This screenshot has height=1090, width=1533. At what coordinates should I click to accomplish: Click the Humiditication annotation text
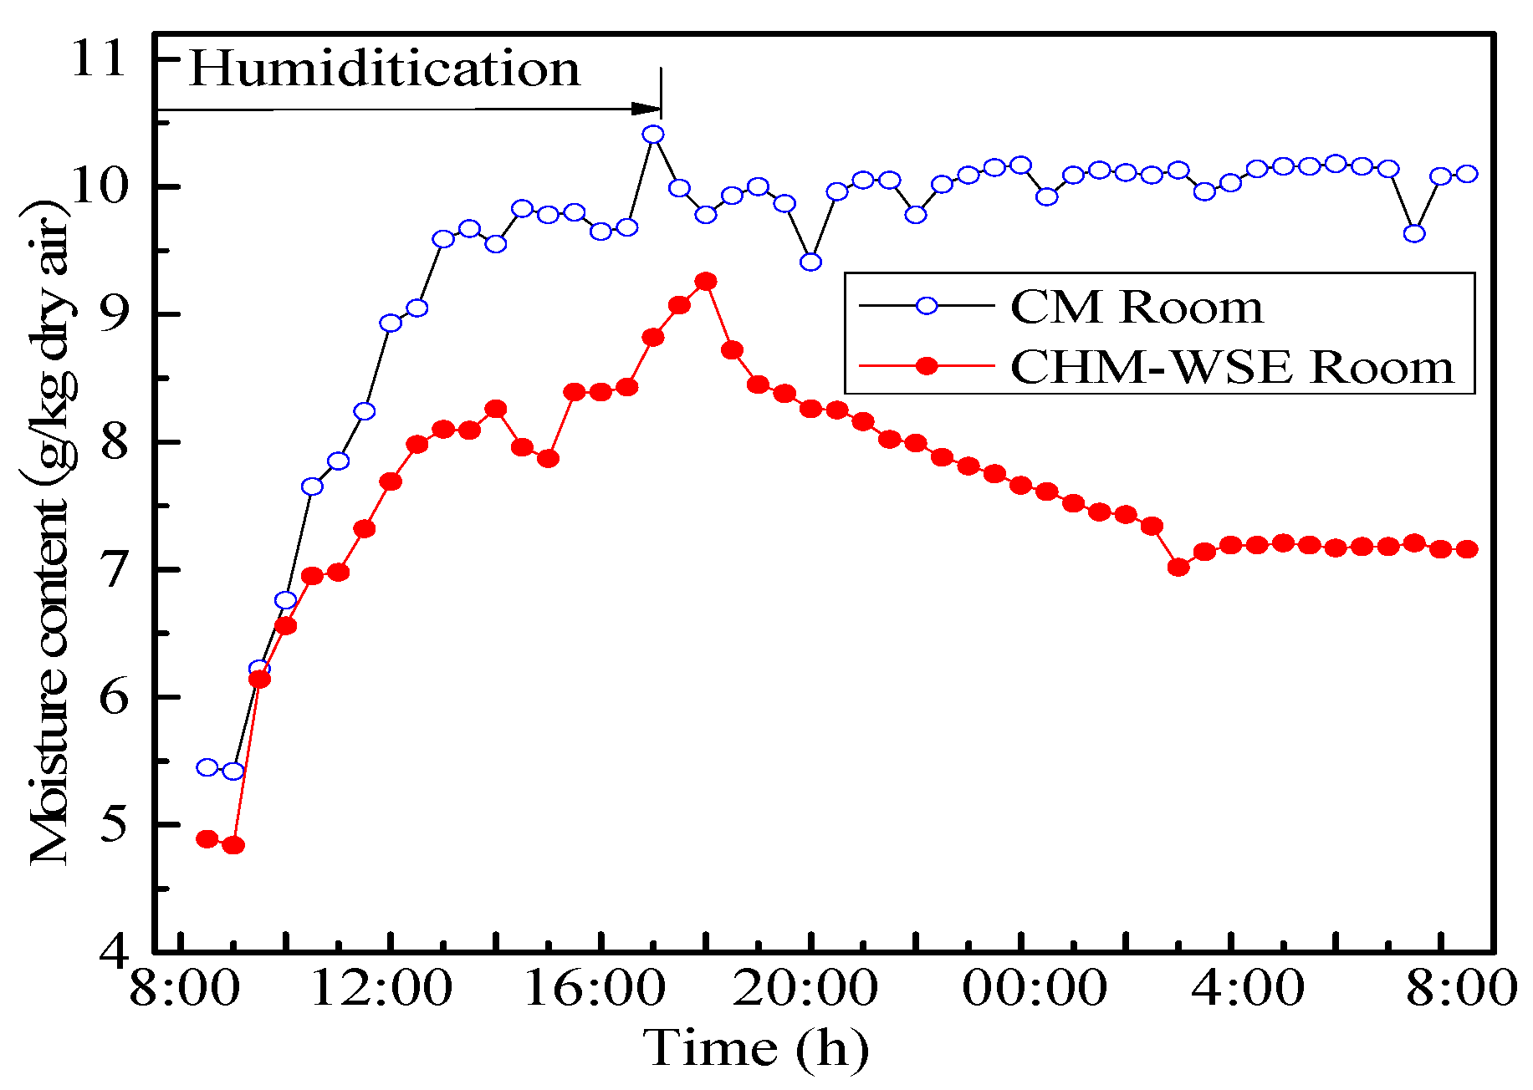pyautogui.click(x=385, y=69)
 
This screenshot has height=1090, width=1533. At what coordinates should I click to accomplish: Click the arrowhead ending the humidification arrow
pyautogui.click(x=646, y=109)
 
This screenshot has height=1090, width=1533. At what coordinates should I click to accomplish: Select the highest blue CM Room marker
pyautogui.click(x=653, y=135)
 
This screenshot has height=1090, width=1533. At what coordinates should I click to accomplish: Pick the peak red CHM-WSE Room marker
pyautogui.click(x=706, y=282)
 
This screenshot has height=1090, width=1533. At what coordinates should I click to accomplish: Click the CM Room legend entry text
pyautogui.click(x=1137, y=307)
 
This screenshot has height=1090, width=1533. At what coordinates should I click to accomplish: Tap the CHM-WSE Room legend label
pyautogui.click(x=1232, y=367)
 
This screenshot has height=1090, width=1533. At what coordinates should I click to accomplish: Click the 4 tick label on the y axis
pyautogui.click(x=113, y=950)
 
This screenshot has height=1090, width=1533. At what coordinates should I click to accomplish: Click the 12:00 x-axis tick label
pyautogui.click(x=381, y=989)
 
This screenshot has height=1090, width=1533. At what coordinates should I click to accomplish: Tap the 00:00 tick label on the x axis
pyautogui.click(x=1035, y=989)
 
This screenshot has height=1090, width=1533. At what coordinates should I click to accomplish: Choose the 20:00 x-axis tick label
pyautogui.click(x=805, y=989)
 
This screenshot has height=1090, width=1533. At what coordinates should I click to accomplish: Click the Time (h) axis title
pyautogui.click(x=756, y=1048)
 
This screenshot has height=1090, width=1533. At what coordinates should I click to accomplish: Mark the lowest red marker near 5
pyautogui.click(x=233, y=845)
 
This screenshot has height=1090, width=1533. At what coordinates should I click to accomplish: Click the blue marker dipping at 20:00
pyautogui.click(x=810, y=262)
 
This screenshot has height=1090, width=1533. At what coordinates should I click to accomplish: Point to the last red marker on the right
pyautogui.click(x=1467, y=549)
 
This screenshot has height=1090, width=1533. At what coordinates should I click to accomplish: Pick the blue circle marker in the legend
pyautogui.click(x=927, y=306)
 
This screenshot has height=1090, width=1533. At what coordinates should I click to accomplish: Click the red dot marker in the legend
pyautogui.click(x=927, y=365)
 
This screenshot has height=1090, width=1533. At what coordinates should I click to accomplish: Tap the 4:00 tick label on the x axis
pyautogui.click(x=1247, y=989)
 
